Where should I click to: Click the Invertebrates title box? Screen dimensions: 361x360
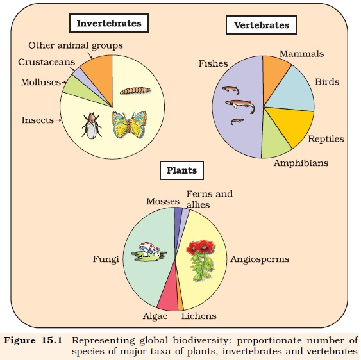(109, 23)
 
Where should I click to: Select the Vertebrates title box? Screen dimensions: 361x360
(262, 25)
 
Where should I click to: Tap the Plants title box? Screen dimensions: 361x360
(181, 170)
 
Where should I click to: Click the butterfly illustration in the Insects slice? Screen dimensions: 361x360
(129, 125)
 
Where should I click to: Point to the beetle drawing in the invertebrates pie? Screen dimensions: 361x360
(92, 126)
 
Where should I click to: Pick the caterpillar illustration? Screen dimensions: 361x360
(135, 90)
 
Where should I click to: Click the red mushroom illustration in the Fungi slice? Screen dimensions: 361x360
(149, 252)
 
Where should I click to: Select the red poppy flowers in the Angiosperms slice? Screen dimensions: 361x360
(201, 260)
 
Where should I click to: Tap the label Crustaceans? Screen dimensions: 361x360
(47, 62)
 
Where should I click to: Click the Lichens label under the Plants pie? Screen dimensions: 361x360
(199, 316)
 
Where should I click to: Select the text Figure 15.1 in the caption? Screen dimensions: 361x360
(33, 340)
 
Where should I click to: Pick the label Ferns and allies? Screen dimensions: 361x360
(210, 199)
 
